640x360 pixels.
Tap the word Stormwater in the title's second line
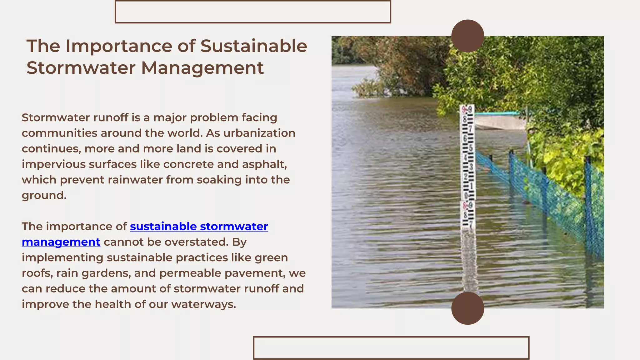pyautogui.click(x=81, y=68)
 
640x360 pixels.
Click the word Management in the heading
pyautogui.click(x=202, y=68)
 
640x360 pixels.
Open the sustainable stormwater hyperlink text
pyautogui.click(x=199, y=226)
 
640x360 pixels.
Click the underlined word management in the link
pyautogui.click(x=61, y=242)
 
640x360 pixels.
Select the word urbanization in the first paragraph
pyautogui.click(x=259, y=133)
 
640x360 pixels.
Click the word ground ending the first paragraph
pyautogui.click(x=44, y=196)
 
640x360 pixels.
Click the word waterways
pyautogui.click(x=203, y=304)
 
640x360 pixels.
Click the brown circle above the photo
pyautogui.click(x=467, y=36)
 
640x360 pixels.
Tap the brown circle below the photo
pyautogui.click(x=467, y=308)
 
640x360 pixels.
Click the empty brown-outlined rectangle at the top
pyautogui.click(x=253, y=12)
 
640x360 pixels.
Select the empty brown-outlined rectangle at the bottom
pyautogui.click(x=391, y=347)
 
